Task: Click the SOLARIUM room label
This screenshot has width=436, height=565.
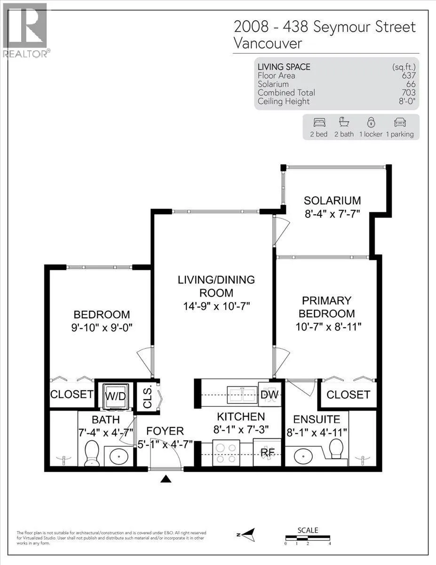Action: (x=332, y=201)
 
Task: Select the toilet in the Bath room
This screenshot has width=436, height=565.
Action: (x=92, y=453)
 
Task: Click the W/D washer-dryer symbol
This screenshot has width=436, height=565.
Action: (x=116, y=396)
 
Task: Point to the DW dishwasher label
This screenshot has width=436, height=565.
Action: (x=270, y=395)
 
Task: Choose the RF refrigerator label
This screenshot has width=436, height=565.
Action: (x=268, y=452)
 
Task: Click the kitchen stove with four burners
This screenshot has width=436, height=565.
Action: (x=226, y=452)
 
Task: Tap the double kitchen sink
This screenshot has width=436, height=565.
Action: (x=243, y=395)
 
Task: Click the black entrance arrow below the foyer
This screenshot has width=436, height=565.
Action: (x=166, y=479)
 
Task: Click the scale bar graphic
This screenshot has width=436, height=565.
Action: (x=308, y=538)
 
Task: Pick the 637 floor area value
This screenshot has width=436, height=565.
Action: (x=409, y=76)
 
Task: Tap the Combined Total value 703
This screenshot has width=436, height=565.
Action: (x=409, y=93)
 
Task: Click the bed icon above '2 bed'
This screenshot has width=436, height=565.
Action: (x=319, y=122)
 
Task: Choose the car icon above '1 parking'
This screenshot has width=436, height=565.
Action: (x=400, y=122)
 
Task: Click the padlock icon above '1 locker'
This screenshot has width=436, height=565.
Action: (x=371, y=122)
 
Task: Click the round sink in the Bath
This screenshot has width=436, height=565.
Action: (x=119, y=456)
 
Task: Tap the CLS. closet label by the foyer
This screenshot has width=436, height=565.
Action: (x=147, y=398)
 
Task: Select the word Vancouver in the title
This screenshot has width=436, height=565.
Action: (x=268, y=43)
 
